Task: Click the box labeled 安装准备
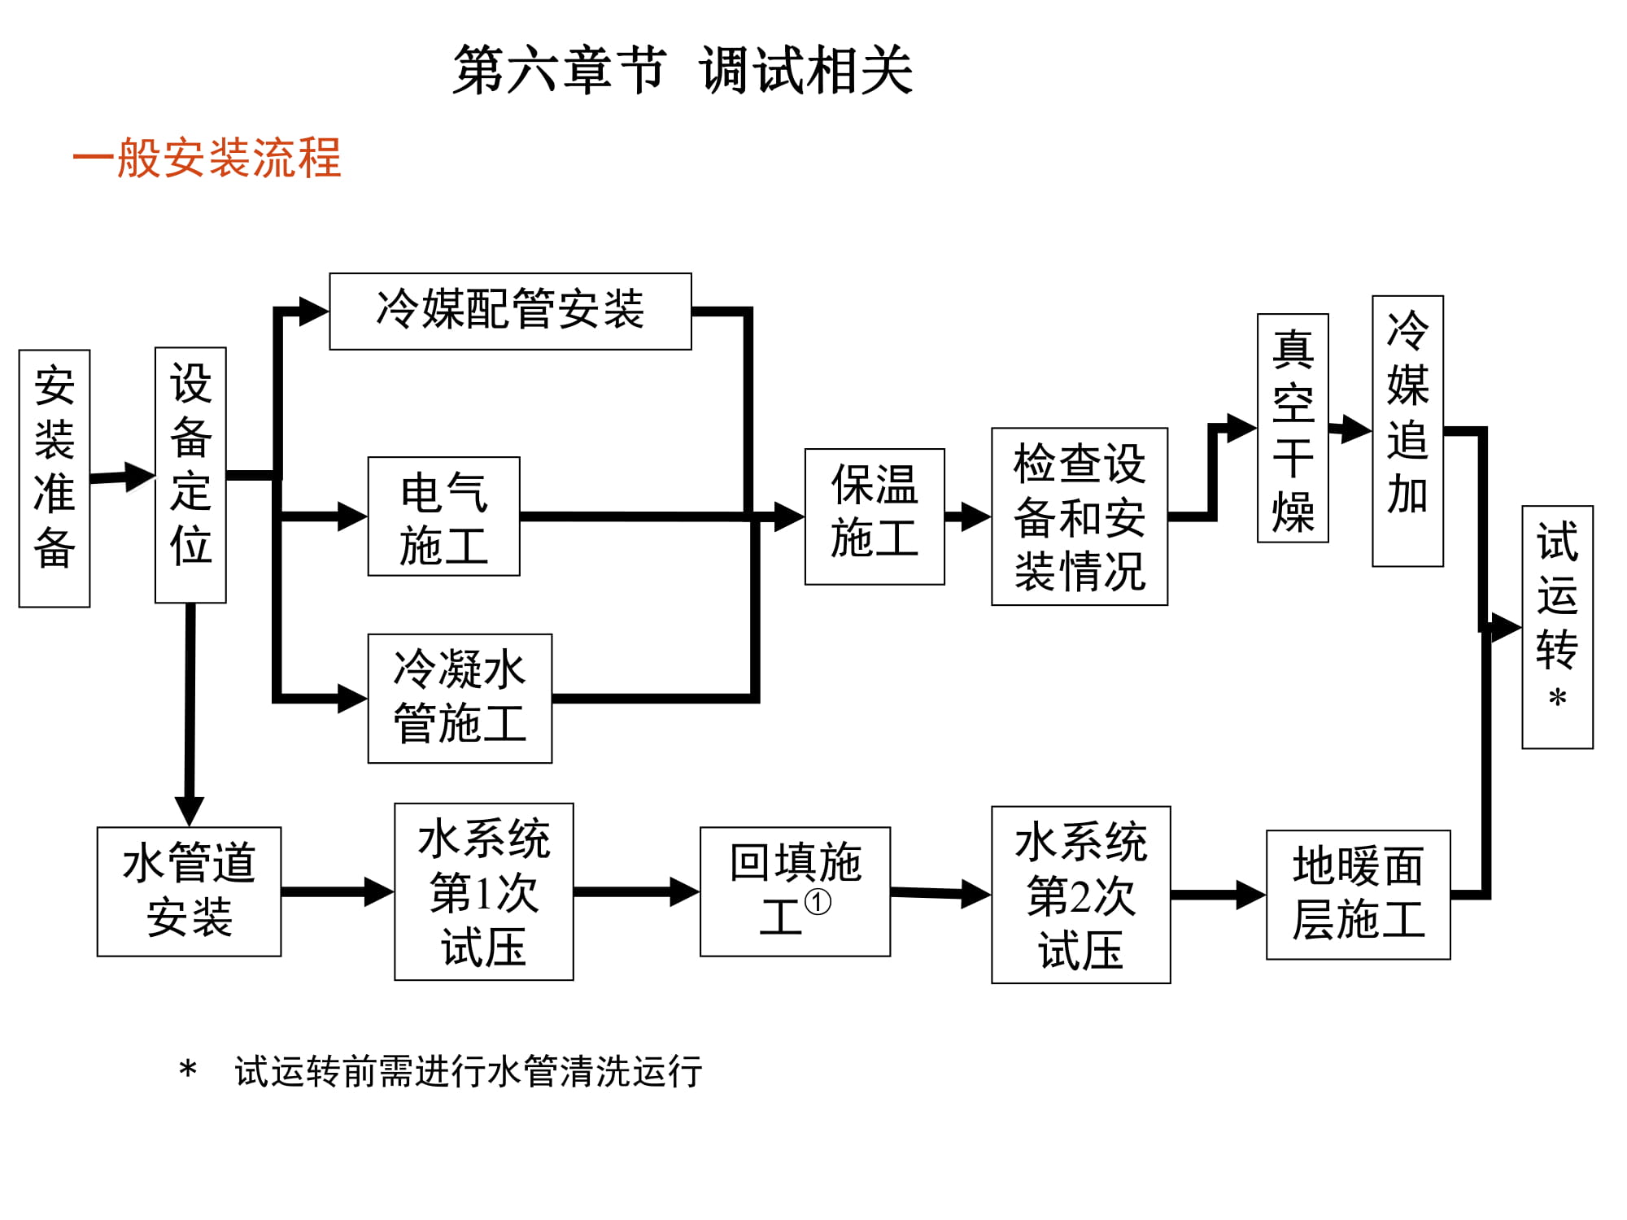point(55,478)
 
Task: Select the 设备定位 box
point(190,475)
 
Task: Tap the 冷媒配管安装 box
point(510,311)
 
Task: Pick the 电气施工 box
point(443,516)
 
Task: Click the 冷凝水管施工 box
point(460,698)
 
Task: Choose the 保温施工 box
point(875,516)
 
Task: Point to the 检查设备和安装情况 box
point(1080,516)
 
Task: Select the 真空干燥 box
point(1293,428)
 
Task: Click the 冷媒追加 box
point(1407,431)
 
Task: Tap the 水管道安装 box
point(189,891)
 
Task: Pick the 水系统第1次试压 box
point(484,891)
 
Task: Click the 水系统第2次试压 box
point(1080,895)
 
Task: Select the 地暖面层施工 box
point(1358,895)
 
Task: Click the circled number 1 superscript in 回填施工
point(818,902)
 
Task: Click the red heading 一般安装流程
point(207,157)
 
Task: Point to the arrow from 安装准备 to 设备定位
point(122,477)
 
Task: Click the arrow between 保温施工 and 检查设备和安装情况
point(968,516)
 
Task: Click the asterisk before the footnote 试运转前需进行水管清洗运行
point(188,1070)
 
